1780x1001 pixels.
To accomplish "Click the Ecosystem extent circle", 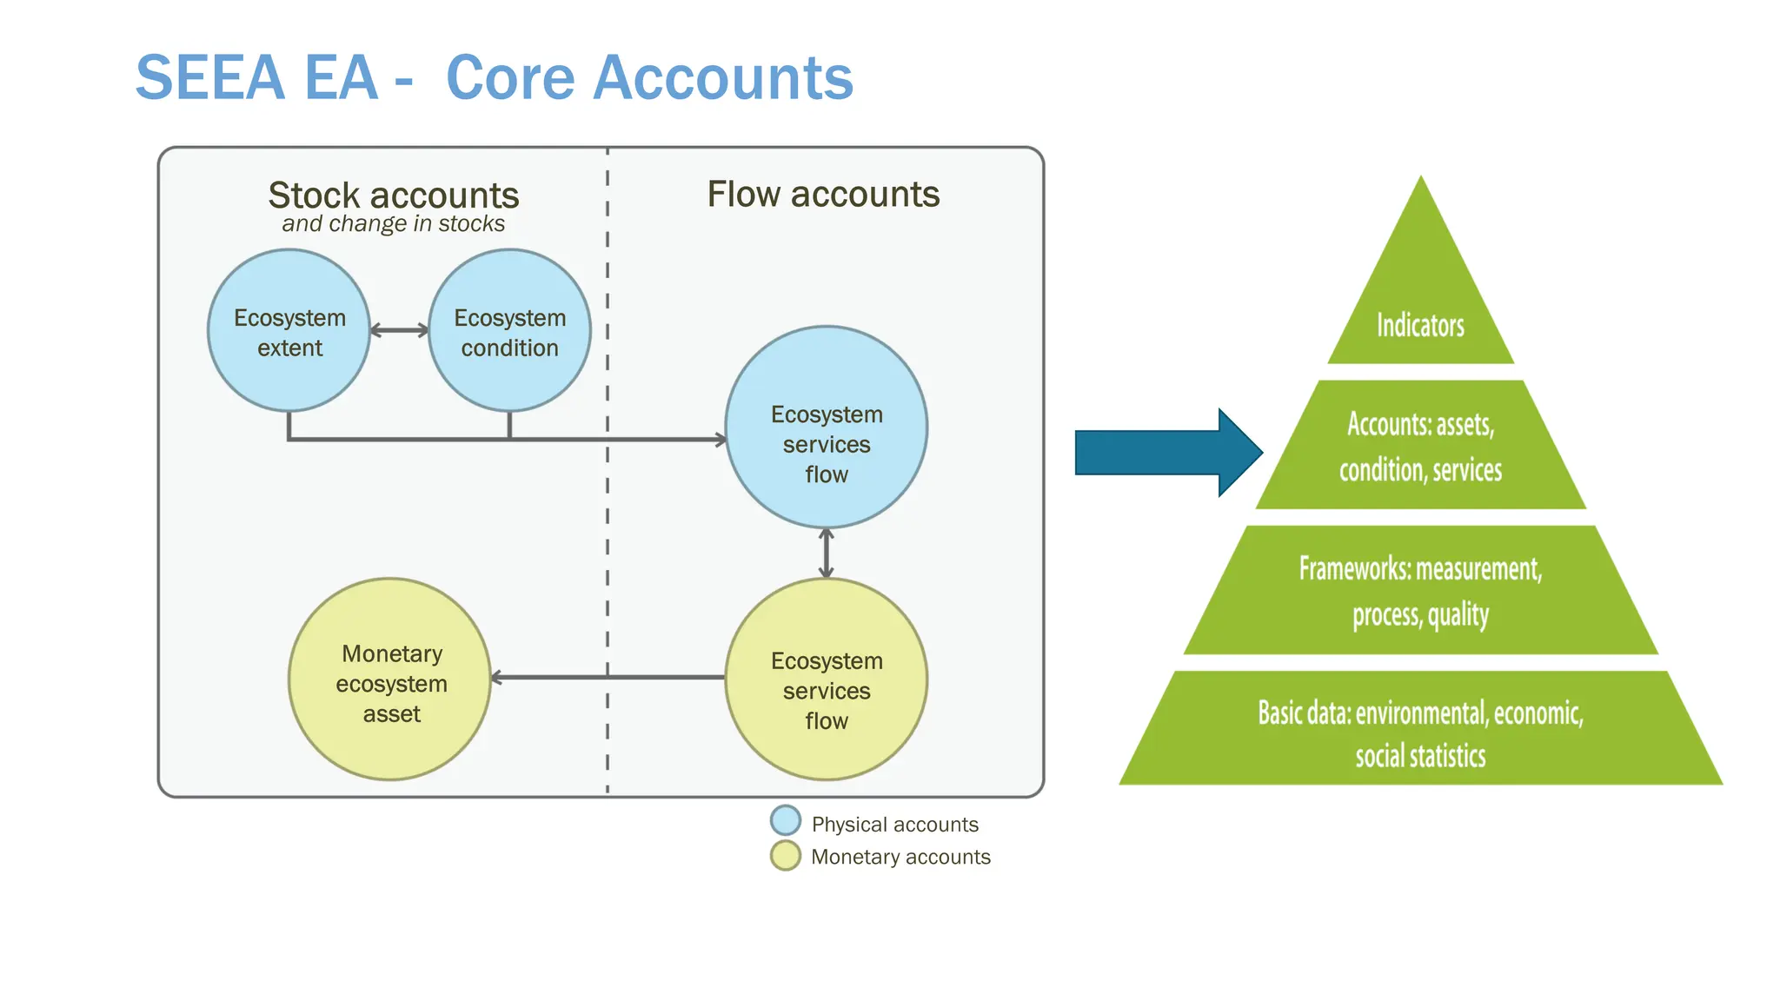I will pos(289,331).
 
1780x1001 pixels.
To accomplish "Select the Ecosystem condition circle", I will pos(510,331).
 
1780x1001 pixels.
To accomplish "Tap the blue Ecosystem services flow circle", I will pos(827,428).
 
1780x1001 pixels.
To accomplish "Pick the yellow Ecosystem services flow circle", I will pos(827,679).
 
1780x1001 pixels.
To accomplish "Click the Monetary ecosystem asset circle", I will pos(390,679).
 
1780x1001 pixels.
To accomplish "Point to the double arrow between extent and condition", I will pos(399,330).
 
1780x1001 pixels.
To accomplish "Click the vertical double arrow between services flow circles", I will pos(827,554).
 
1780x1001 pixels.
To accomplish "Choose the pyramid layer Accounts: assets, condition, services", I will pos(1420,446).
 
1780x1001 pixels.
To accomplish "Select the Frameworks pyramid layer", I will pos(1420,591).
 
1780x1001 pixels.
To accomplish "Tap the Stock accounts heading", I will pos(393,196).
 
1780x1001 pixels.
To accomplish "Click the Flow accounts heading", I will pos(823,194).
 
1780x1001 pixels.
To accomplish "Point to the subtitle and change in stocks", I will pos(393,224).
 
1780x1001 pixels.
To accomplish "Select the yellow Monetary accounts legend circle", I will pos(786,856).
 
